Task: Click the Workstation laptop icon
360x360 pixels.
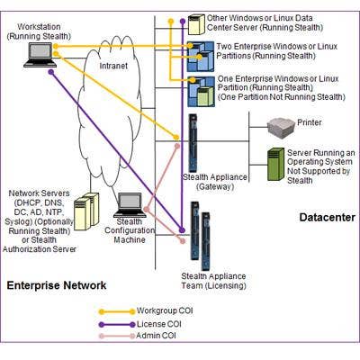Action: point(40,55)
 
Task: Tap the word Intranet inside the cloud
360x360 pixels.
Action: point(113,66)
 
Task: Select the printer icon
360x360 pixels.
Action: point(281,128)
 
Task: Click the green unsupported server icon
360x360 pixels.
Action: point(275,165)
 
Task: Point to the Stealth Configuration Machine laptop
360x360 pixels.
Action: point(130,205)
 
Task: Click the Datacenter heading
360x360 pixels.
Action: point(328,217)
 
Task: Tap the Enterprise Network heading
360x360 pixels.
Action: point(57,285)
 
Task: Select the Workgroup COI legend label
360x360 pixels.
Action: point(165,310)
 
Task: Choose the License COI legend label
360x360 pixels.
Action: point(159,324)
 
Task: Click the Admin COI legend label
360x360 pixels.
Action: point(156,336)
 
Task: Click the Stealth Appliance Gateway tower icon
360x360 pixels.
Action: point(193,143)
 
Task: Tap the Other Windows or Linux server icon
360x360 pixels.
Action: point(196,24)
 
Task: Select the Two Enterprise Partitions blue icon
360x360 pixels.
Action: point(201,57)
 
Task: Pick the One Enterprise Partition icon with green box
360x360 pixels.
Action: point(201,92)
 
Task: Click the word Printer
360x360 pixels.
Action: point(310,122)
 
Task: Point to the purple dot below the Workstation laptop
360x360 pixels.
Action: point(51,72)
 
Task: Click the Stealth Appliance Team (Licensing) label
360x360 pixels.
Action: point(213,281)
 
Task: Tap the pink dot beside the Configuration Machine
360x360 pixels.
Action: point(147,209)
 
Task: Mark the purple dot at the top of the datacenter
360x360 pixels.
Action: point(183,21)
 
